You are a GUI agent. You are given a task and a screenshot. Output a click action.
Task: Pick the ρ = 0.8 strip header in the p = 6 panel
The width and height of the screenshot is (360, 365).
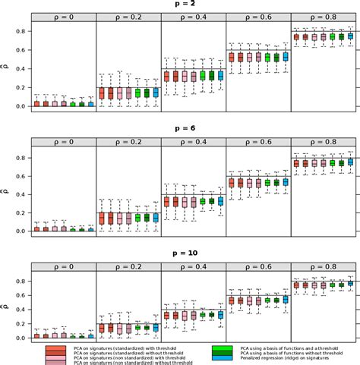(322, 142)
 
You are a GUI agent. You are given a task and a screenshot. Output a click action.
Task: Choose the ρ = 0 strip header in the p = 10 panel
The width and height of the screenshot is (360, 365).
(64, 266)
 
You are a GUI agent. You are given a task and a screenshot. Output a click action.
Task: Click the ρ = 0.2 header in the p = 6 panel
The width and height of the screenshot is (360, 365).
(128, 142)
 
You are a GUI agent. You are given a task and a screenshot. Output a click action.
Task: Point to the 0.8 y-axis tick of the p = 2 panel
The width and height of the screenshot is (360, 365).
(22, 30)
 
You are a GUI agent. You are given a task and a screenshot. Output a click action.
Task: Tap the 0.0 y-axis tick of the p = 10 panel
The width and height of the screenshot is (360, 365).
(22, 338)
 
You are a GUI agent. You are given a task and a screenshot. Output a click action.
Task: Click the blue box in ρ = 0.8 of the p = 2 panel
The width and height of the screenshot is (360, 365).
(350, 35)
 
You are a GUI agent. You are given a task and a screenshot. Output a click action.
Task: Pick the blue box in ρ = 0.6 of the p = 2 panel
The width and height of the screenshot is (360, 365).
(286, 56)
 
